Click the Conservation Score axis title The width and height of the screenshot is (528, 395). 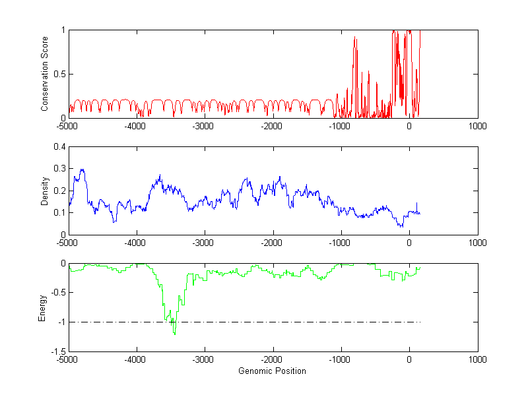click(45, 74)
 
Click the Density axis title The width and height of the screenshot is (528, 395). click(45, 191)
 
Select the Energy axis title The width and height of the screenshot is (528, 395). click(42, 307)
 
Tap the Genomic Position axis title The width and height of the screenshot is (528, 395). click(272, 371)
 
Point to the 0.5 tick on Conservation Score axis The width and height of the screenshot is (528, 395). click(60, 74)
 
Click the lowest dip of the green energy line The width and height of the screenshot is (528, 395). click(174, 334)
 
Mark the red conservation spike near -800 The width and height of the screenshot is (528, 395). click(355, 38)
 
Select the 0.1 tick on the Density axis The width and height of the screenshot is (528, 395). click(60, 212)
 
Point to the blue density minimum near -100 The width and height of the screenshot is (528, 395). click(401, 227)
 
